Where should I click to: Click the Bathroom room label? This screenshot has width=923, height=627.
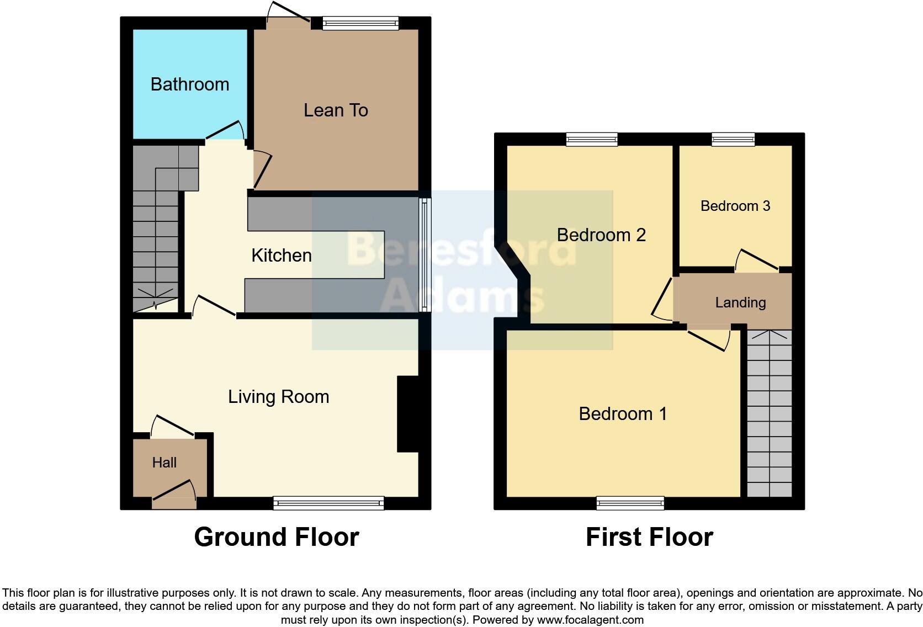coord(189,84)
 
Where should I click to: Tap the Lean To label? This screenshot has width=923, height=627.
coord(336,110)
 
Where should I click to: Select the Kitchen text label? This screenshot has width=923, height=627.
coord(281,256)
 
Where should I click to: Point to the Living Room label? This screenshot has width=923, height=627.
coord(278,397)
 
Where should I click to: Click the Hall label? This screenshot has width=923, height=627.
coord(164,463)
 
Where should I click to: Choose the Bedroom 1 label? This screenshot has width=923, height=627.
coord(623,414)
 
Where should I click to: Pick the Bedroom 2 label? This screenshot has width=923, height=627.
coord(601,235)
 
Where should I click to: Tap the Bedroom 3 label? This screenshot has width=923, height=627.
coord(735,206)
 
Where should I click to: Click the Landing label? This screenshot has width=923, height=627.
coord(740,302)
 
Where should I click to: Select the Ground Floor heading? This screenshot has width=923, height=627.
coord(276,537)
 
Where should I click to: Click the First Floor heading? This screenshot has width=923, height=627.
coord(649,537)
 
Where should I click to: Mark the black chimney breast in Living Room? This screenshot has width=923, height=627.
coord(408,414)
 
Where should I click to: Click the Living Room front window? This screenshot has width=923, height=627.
coord(328,502)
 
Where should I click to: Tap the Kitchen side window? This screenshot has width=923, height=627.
coord(424,254)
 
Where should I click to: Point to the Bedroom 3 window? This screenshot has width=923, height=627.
coord(733,139)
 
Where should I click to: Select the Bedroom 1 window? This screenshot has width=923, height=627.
coord(630,502)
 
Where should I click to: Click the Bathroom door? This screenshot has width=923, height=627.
coord(225,130)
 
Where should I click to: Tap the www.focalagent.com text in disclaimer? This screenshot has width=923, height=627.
coord(590,620)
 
